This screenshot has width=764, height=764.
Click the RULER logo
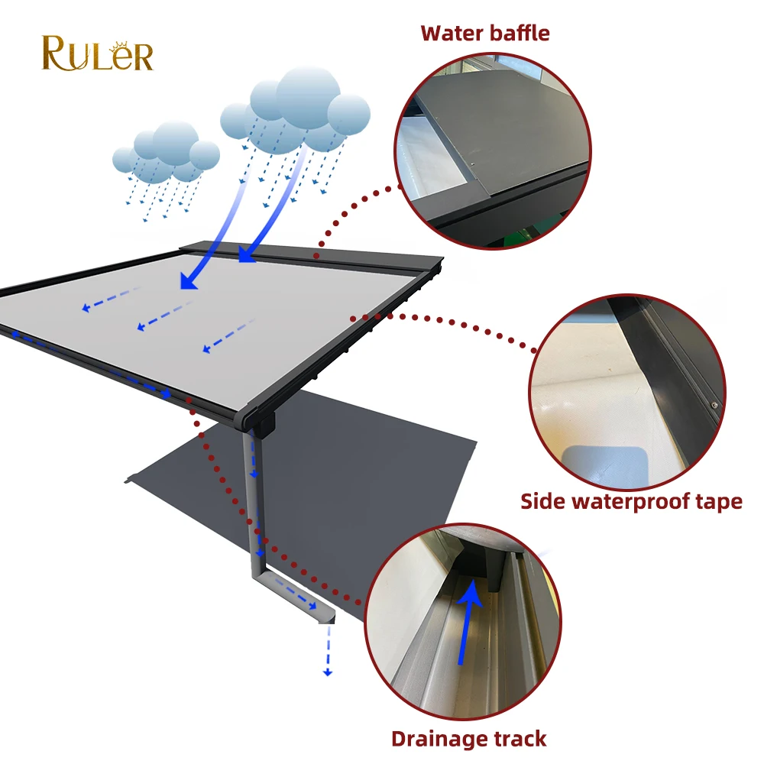point(97,53)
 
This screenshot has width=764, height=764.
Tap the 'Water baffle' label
point(485,33)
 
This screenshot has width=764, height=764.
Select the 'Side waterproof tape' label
point(631,501)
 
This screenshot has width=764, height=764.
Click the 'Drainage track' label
point(469,739)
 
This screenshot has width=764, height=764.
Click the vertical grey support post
point(253,497)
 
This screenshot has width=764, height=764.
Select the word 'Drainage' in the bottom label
point(439,739)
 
